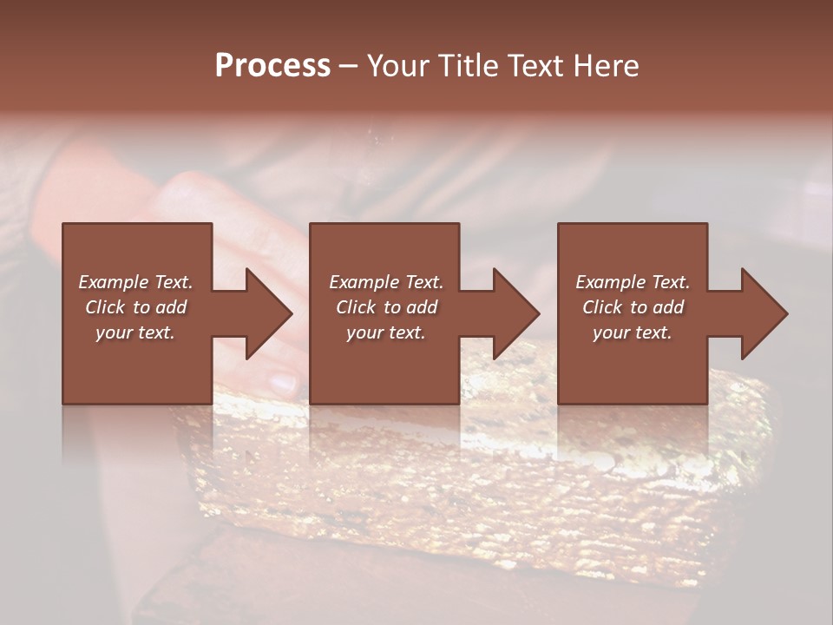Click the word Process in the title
pyautogui.click(x=272, y=66)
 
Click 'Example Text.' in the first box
pyautogui.click(x=135, y=282)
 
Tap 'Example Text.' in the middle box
pyautogui.click(x=386, y=282)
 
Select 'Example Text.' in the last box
pyautogui.click(x=633, y=282)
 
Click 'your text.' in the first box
pyautogui.click(x=135, y=332)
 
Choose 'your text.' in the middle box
pyautogui.click(x=386, y=332)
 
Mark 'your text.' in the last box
pyautogui.click(x=633, y=332)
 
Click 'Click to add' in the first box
pyautogui.click(x=135, y=307)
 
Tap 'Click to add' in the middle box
pyautogui.click(x=386, y=307)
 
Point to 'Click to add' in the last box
pyautogui.click(x=633, y=307)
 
